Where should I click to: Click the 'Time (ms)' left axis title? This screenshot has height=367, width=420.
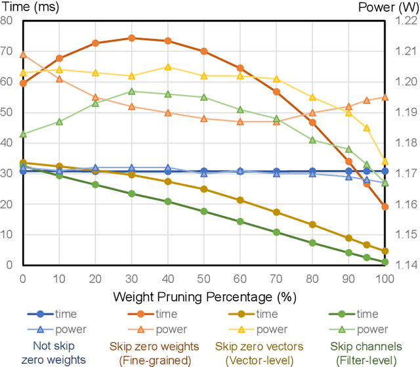point(24,7)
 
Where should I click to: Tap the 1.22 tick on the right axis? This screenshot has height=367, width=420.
point(405,20)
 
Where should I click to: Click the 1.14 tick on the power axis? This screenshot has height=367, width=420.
point(405,265)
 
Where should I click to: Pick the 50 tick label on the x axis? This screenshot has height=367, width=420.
point(203,278)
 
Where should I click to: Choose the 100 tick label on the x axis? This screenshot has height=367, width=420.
point(385,278)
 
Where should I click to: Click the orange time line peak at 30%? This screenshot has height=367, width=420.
point(131,38)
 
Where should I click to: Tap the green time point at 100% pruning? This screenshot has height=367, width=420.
point(385,262)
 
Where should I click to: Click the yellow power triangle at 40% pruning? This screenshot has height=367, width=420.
point(167,66)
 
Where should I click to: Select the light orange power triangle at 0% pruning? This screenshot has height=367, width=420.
point(23,54)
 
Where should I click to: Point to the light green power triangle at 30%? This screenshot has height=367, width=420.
point(131,91)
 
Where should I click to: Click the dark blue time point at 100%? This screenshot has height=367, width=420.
point(385,171)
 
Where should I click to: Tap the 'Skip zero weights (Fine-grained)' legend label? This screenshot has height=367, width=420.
point(151,354)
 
